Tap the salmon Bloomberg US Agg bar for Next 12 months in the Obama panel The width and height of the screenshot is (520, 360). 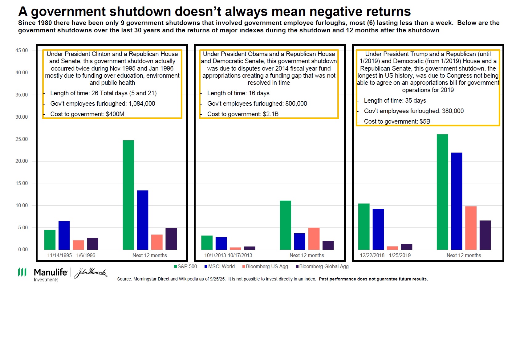(314, 239)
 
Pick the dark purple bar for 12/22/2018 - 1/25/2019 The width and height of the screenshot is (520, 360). (406, 247)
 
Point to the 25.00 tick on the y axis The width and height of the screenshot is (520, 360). (22, 139)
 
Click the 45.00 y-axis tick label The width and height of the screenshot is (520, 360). (22, 51)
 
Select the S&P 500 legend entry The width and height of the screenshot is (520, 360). (185, 267)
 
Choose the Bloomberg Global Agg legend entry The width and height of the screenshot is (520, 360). (322, 267)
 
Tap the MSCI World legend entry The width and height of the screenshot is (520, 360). (219, 267)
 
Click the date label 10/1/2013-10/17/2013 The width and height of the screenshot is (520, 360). (228, 255)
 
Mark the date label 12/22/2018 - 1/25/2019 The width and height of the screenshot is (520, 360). (385, 255)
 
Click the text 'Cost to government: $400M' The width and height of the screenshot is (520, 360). (87, 114)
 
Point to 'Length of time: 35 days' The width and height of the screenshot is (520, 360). (395, 100)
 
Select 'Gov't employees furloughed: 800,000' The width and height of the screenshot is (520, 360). (257, 104)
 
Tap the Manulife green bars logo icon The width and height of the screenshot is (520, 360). (22, 272)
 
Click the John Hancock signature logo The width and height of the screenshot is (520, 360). (91, 272)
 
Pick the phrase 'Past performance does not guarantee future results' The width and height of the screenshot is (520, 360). (373, 279)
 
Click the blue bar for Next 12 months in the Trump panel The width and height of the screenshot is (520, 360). (457, 201)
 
